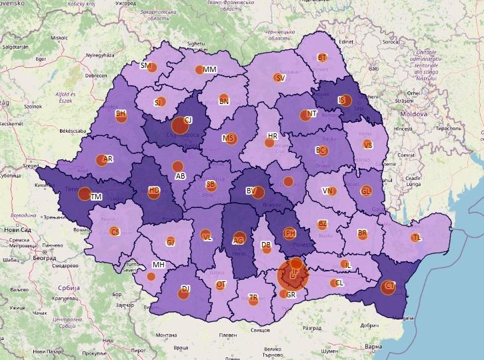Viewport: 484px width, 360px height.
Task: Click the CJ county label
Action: point(188,120)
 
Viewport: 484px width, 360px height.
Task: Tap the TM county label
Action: point(96,197)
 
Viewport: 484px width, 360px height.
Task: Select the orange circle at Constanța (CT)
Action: point(388,288)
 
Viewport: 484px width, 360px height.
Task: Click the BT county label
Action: point(323,58)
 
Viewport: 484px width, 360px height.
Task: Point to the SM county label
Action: point(145,66)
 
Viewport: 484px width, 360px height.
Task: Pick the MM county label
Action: point(210,70)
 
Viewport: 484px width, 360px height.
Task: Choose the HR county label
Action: point(272,136)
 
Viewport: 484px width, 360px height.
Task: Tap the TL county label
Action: point(417,238)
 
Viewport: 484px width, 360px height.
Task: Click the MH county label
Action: point(158,265)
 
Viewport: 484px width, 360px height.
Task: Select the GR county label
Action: point(291,295)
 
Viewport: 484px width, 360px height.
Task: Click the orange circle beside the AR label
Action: point(101,160)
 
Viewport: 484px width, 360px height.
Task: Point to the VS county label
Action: point(368,145)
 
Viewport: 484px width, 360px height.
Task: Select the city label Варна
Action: point(374,347)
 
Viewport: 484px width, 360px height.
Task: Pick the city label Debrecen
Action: point(96,75)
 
